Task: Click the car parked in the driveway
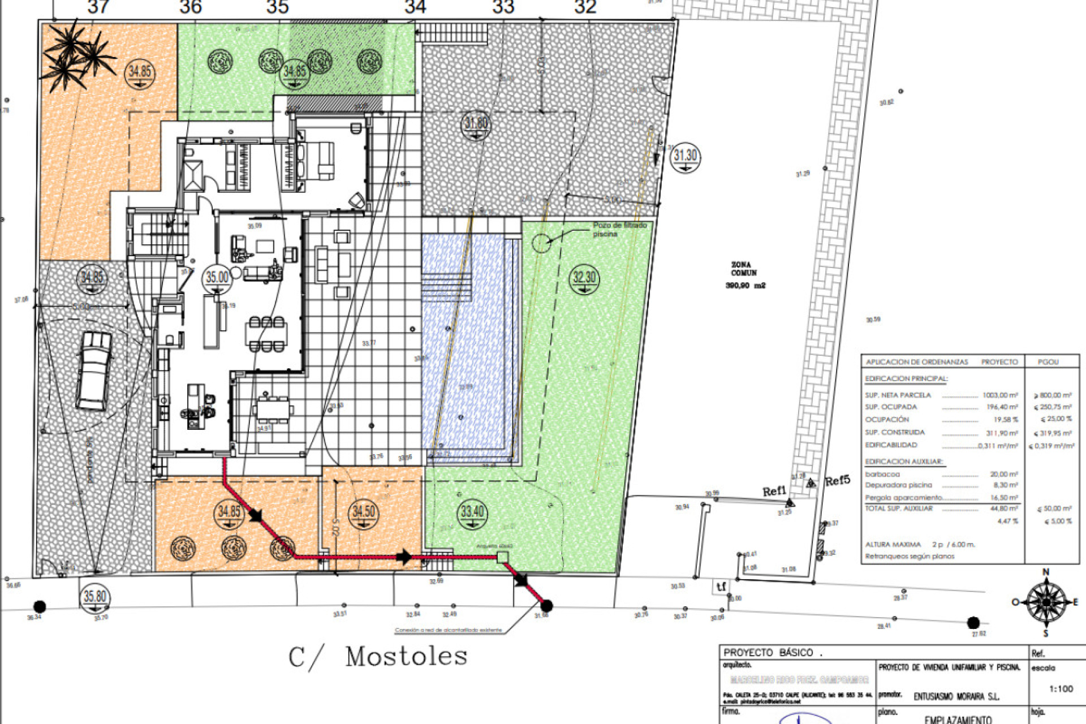point(94,370)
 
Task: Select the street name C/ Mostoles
point(378,657)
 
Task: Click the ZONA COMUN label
point(742,269)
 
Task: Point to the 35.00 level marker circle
point(217,278)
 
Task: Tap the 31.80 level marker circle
point(476,124)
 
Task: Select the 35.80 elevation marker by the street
point(95,597)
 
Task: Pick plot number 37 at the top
point(98,8)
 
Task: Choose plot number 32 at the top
point(585,8)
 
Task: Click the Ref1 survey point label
point(774,491)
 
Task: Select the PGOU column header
point(1048,362)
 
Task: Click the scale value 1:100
point(1061,689)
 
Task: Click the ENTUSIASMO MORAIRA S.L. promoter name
point(956,697)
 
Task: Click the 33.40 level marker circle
point(472,512)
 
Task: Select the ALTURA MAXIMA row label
point(893,544)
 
